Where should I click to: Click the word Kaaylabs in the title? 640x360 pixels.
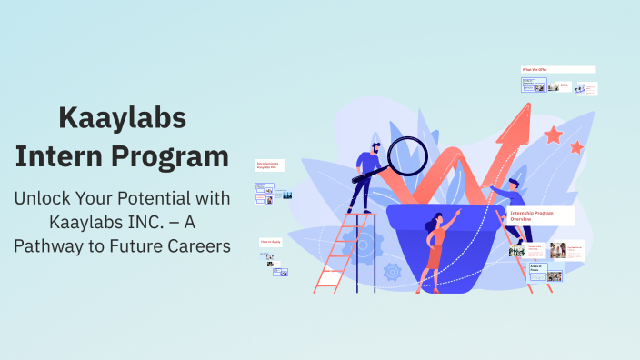(122, 117)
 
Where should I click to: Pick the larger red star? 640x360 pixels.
(553, 135)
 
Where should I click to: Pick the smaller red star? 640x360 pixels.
(576, 146)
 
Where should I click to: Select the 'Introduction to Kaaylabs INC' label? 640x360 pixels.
(270, 166)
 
